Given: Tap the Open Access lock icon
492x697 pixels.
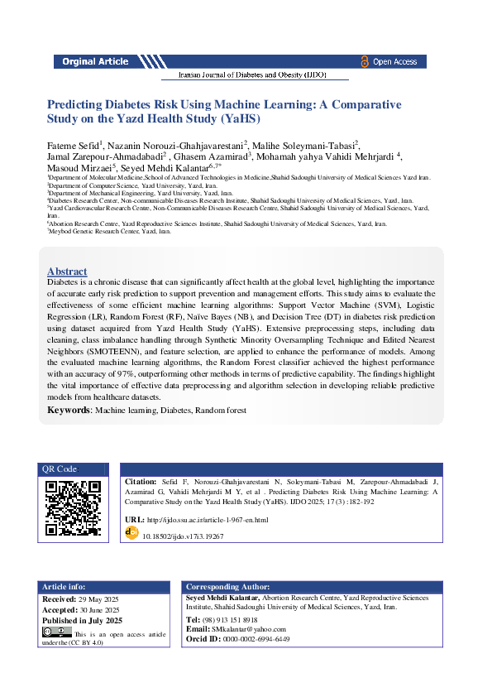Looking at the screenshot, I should tap(365, 61).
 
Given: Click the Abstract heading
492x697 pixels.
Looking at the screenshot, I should tap(67, 271).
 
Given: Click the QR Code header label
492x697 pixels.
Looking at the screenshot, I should tap(60, 469).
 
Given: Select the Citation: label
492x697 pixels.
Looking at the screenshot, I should tap(141, 481).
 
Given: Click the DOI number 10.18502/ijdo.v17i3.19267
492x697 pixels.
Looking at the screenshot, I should tap(183, 536).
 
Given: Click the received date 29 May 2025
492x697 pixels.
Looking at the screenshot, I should tap(103, 598).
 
